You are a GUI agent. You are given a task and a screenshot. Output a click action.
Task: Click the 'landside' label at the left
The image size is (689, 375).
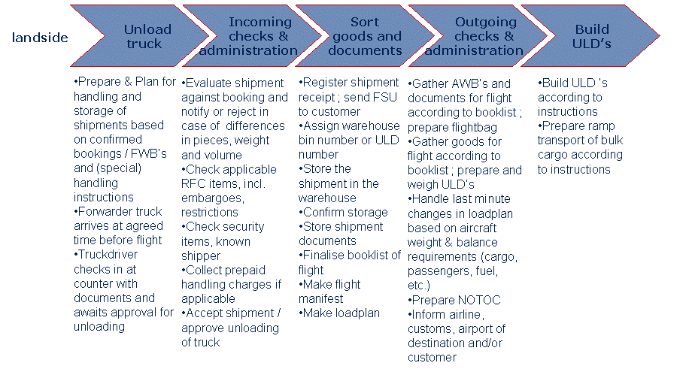pyautogui.click(x=40, y=37)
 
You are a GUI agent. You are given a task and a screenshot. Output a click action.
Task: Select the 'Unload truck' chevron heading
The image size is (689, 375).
pyautogui.click(x=147, y=36)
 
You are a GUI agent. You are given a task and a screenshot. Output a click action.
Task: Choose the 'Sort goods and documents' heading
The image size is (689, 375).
pyautogui.click(x=366, y=36)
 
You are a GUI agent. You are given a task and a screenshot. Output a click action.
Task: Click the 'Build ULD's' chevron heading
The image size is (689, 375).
pyautogui.click(x=592, y=36)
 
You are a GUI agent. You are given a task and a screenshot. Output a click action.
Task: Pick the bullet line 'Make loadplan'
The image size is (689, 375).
pyautogui.click(x=340, y=313)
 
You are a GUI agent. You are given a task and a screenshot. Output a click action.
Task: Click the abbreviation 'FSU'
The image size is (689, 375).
pyautogui.click(x=393, y=97)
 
